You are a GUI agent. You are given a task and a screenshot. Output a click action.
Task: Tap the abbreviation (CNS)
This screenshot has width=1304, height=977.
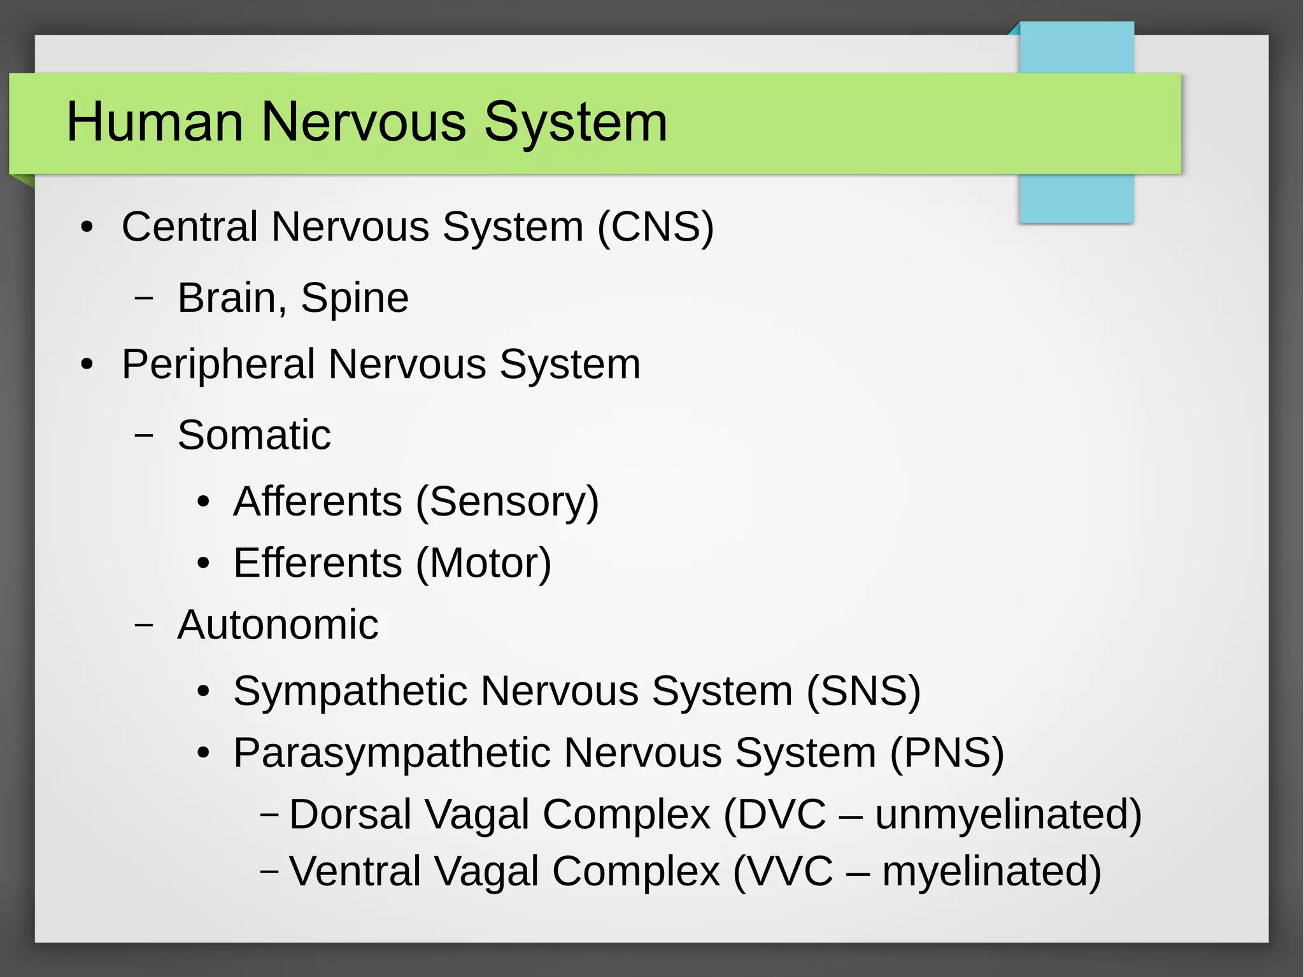point(655,227)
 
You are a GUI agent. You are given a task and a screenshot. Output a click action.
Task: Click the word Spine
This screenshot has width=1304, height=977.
point(355,298)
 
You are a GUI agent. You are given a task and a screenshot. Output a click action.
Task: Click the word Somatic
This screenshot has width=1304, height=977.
point(254,435)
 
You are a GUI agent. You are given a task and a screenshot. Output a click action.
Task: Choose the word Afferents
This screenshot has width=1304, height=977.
point(318,502)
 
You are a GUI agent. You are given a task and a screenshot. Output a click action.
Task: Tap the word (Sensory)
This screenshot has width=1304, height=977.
point(507,502)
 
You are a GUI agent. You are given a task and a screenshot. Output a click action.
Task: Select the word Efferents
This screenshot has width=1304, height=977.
point(318,563)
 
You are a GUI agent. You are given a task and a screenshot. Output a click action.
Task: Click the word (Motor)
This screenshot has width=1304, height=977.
point(483,563)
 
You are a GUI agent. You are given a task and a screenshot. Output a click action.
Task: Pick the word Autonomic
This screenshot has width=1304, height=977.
point(278,624)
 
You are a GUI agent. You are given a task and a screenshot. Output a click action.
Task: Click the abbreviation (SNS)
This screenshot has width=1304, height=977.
point(863,691)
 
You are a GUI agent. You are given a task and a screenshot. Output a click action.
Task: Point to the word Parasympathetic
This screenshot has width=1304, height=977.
point(392,753)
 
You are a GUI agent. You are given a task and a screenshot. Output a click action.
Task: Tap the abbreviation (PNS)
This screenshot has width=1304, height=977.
point(947,753)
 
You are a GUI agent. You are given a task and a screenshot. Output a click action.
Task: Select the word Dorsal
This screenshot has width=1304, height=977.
point(350,814)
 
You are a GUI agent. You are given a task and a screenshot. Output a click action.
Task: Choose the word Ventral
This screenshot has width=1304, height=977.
point(355,871)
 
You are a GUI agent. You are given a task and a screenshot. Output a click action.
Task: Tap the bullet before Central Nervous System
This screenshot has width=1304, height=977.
point(87,227)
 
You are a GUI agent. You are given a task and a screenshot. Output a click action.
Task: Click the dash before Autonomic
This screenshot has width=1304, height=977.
point(144,625)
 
